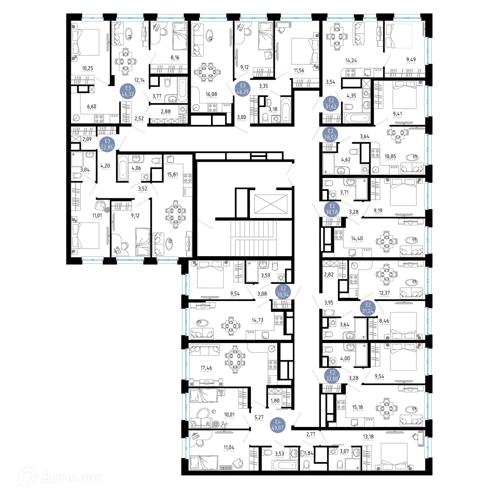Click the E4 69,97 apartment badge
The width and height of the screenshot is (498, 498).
278,425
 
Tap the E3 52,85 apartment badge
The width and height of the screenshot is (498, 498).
107,144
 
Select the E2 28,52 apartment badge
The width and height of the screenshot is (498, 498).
330,134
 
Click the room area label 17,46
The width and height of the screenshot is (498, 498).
206,368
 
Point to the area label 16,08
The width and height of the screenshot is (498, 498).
211,94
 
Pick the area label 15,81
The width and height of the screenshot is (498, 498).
172,175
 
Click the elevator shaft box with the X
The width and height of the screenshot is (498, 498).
270,204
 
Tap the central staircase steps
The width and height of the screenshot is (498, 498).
253,238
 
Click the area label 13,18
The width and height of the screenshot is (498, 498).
368,437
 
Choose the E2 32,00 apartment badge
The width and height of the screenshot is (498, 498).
332,376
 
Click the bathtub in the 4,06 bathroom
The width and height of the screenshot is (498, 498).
123,168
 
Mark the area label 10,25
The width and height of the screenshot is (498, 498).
87,68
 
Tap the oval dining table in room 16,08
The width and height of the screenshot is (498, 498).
207,72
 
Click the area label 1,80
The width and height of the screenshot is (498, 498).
275,401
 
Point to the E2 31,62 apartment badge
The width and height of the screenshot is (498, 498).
331,104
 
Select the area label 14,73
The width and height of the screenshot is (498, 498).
257,320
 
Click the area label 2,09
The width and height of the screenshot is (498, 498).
87,139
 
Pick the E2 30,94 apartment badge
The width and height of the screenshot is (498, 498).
283,292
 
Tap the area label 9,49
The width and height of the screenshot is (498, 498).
411,59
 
